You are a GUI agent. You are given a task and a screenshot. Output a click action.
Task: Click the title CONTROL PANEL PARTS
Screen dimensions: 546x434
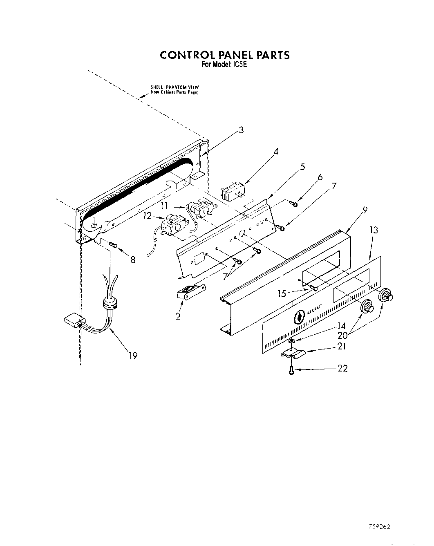(x=224, y=55)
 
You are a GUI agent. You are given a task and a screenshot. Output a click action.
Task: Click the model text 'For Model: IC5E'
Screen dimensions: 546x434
(x=225, y=64)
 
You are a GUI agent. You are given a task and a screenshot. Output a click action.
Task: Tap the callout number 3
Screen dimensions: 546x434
(x=241, y=130)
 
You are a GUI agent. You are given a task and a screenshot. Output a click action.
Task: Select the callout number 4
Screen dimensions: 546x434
(x=276, y=152)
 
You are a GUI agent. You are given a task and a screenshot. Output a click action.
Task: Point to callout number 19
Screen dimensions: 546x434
(x=132, y=356)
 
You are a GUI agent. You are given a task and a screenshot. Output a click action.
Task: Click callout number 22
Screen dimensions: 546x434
(x=342, y=369)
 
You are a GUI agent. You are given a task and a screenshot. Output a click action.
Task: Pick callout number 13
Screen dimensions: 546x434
(x=374, y=230)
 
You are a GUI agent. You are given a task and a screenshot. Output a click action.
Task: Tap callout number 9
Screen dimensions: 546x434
(x=365, y=210)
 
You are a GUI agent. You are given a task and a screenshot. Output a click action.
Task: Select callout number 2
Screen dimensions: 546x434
(x=178, y=316)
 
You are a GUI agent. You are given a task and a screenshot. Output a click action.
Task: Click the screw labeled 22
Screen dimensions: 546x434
(x=291, y=371)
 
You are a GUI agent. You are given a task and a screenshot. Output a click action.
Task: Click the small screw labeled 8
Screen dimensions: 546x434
(x=113, y=245)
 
